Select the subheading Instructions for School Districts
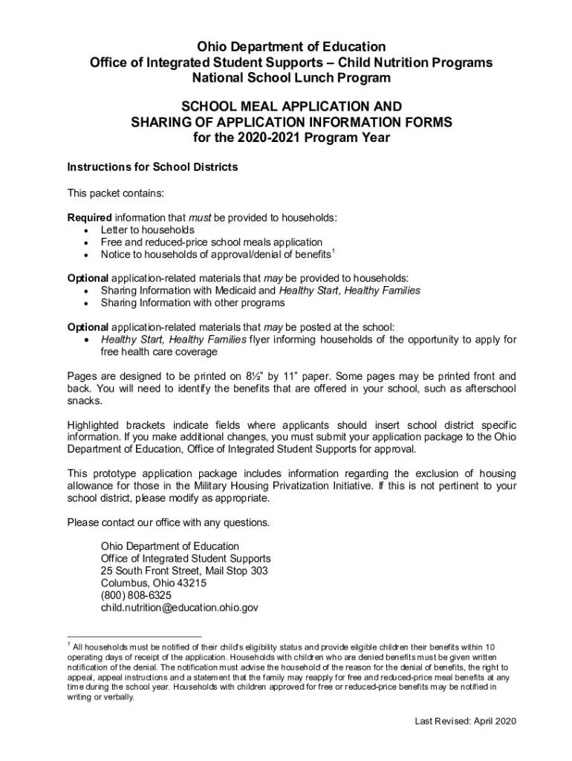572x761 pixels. pyautogui.click(x=152, y=167)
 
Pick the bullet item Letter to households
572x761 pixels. pyautogui.click(x=147, y=230)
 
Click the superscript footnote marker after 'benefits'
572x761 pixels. pyautogui.click(x=334, y=252)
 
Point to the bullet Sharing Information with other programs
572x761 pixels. pyautogui.click(x=192, y=302)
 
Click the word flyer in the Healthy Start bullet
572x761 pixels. pyautogui.click(x=263, y=340)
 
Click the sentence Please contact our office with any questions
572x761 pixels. pyautogui.click(x=169, y=522)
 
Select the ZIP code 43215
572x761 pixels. pyautogui.click(x=192, y=583)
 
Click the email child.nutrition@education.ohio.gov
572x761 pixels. pyautogui.click(x=180, y=607)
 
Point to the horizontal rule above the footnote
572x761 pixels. pyautogui.click(x=134, y=636)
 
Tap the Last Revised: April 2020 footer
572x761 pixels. pyautogui.click(x=465, y=721)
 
